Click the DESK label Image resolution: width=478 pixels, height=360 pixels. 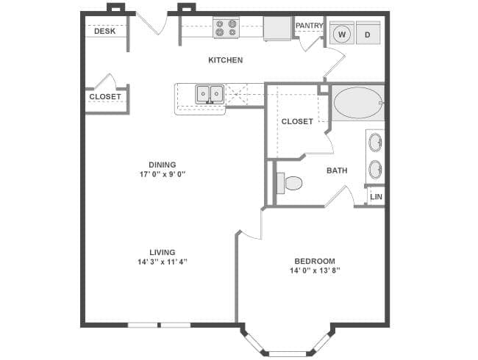105,31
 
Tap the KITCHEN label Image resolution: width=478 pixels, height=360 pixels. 226,60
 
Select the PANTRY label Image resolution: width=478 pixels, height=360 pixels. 309,26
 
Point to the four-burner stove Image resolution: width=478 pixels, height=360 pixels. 226,27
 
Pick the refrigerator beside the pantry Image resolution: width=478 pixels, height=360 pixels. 277,28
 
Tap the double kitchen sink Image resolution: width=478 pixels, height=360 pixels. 210,94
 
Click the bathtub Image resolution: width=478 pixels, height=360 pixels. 358,103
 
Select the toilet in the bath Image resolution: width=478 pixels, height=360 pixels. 290,183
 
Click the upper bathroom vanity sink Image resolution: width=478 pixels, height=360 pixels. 375,142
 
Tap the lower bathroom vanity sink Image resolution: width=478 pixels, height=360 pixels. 375,170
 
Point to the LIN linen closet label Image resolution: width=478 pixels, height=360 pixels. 377,197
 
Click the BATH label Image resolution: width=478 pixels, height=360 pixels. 337,170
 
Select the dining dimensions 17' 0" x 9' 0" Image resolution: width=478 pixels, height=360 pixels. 163,174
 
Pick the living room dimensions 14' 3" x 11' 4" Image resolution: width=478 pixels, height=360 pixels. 163,262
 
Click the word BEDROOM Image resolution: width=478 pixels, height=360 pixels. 315,261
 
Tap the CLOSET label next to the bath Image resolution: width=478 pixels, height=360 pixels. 297,121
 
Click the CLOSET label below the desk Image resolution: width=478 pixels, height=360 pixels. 105,96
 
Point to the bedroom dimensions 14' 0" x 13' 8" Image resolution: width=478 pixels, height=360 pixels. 315,270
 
